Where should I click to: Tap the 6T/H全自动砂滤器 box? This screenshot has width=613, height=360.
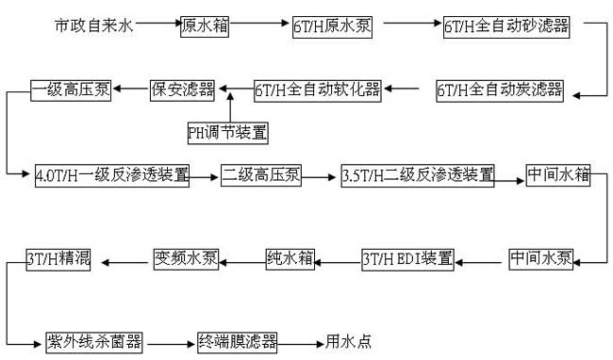click(x=506, y=26)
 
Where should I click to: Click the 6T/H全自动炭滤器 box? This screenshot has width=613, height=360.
click(x=499, y=91)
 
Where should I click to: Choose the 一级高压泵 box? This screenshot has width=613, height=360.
click(x=72, y=91)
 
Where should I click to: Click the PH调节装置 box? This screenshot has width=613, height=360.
click(x=227, y=133)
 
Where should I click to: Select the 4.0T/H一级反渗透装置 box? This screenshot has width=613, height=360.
click(x=111, y=175)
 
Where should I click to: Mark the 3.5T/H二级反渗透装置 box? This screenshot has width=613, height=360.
click(x=418, y=175)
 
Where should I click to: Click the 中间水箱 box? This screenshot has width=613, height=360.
click(x=558, y=175)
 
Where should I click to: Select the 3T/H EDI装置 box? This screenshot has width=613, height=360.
click(x=408, y=257)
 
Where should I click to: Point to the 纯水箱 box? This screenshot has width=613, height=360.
click(x=289, y=257)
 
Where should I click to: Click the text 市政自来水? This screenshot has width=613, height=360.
click(x=94, y=25)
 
